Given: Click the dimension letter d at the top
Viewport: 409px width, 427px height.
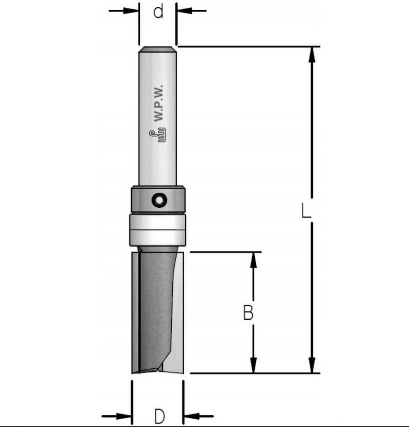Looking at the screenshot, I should tap(158, 12).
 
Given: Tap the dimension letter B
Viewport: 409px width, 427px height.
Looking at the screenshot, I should tap(248, 313).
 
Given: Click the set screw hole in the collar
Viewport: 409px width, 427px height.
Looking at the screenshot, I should tap(158, 199).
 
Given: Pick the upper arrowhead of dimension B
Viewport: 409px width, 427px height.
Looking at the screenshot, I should tap(253, 260).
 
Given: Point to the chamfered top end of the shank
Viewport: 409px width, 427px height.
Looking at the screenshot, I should tap(158, 49).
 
